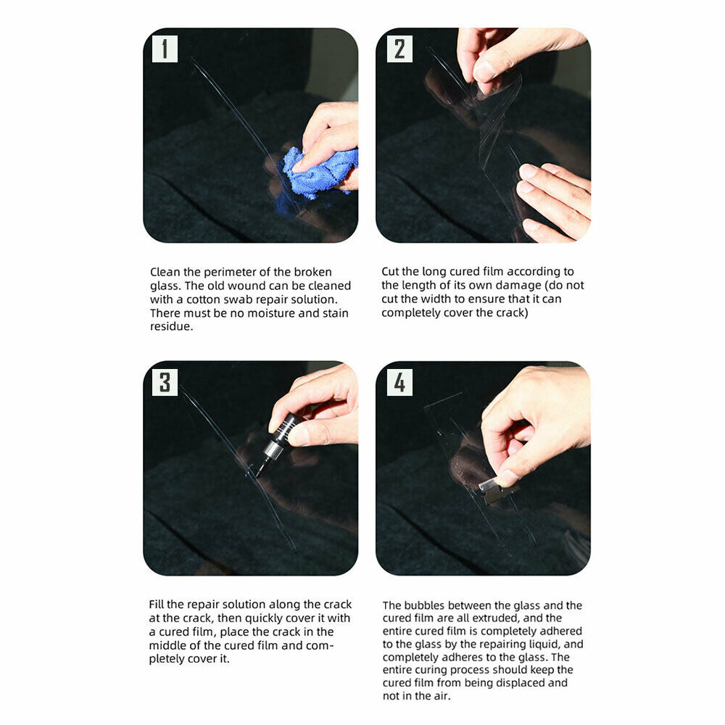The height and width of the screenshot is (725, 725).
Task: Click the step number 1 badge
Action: tap(165, 49)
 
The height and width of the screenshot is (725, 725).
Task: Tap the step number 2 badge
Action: tap(399, 49)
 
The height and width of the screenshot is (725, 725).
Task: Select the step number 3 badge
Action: tap(165, 382)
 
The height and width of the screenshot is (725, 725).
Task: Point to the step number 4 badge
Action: tap(399, 382)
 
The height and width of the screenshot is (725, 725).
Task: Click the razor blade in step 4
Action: tap(497, 490)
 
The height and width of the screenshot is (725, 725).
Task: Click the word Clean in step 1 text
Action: tap(165, 272)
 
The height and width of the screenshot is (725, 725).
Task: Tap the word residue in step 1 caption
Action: tap(172, 326)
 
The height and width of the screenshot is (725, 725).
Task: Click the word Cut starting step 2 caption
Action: tap(390, 271)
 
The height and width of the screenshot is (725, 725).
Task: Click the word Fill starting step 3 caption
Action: tap(157, 605)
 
